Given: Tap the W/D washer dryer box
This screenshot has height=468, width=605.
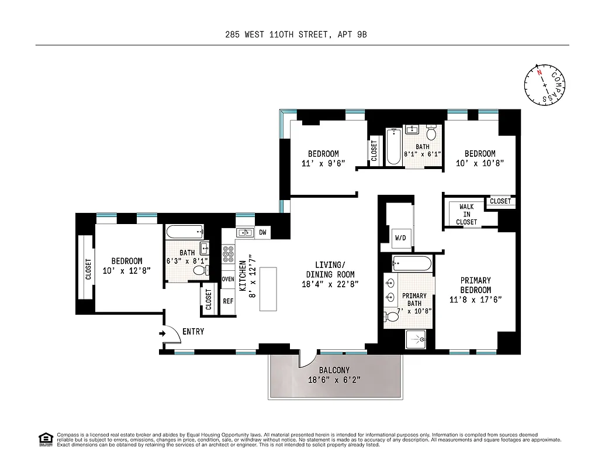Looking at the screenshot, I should [400, 238].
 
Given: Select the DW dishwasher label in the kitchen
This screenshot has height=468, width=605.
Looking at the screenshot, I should [262, 233].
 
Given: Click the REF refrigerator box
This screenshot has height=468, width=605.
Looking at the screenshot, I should [228, 301].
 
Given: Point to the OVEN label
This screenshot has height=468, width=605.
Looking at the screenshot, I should [228, 279].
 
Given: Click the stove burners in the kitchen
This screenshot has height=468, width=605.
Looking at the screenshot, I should [228, 258].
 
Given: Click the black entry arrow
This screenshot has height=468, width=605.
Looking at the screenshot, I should [161, 334].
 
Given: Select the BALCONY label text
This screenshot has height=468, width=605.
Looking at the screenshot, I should [334, 370].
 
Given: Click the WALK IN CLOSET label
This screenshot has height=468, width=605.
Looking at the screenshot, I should [466, 215].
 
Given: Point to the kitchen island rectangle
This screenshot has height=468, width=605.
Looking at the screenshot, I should [268, 290].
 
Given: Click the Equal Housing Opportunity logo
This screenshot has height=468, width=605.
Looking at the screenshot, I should [44, 438].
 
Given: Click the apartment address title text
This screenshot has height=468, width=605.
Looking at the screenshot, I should [296, 35].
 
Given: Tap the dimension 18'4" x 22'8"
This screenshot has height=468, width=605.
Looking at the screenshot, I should [330, 284].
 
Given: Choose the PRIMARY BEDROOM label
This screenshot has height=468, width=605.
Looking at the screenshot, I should [475, 285].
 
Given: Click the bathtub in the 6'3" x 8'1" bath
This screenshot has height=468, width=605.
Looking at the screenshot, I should [184, 232].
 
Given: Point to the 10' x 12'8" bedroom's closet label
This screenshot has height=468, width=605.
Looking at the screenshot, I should [88, 270].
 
